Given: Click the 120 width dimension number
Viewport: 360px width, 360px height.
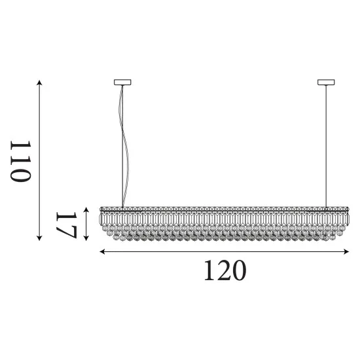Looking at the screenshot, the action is coord(225,270).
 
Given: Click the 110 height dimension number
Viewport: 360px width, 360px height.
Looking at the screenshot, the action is coord(20,161).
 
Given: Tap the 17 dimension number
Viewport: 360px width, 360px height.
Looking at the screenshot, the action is coord(66,225).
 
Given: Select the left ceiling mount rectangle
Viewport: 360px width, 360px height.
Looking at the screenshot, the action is coord(122,82).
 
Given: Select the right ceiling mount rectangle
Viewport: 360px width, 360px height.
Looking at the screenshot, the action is coord(326,82).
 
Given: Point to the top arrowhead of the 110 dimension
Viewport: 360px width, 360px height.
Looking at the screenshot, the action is coord(39,82).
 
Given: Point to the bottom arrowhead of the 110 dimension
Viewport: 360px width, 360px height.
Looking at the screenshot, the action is coord(39,238).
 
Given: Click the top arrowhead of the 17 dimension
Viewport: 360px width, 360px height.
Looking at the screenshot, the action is coord(86,209).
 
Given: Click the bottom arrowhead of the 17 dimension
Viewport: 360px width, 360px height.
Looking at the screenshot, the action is coord(86,238).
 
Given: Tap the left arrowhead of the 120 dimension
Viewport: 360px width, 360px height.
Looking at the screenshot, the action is coord(102,251).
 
